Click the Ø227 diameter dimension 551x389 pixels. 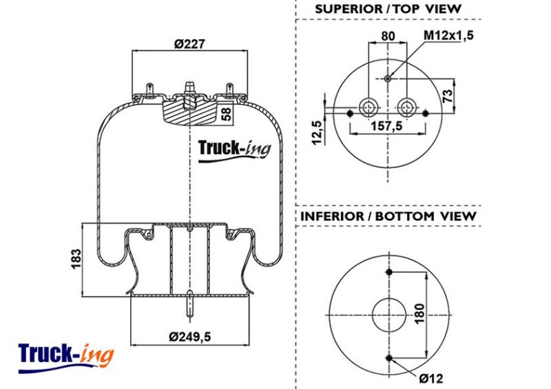[189, 44]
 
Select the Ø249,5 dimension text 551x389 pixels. [190, 337]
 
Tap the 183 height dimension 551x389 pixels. [76, 259]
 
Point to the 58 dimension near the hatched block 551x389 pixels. [227, 114]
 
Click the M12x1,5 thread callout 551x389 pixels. [449, 35]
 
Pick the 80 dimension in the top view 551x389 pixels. [388, 36]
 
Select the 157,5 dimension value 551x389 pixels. [387, 125]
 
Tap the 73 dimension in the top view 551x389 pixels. [447, 96]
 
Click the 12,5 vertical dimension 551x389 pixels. [317, 132]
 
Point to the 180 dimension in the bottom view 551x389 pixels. [419, 314]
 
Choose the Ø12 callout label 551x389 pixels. [431, 379]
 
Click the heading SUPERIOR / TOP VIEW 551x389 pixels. [388, 9]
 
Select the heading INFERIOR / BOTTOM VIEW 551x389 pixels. [388, 216]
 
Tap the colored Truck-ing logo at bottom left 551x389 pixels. [66, 358]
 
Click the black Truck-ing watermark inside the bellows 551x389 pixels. [234, 150]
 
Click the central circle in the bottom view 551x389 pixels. [389, 315]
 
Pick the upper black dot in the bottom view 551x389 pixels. [389, 272]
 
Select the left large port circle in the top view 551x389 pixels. [368, 107]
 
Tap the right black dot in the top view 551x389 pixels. [425, 114]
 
